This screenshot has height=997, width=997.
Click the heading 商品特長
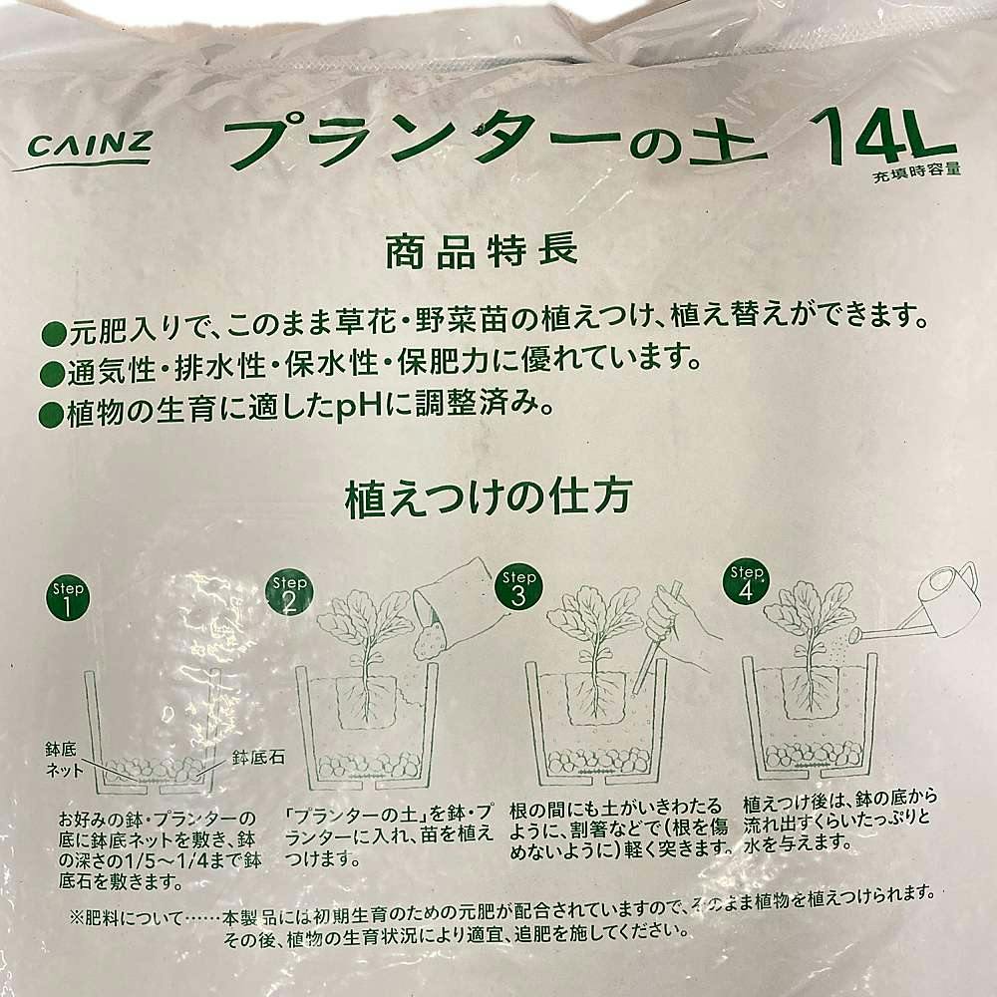[482, 250]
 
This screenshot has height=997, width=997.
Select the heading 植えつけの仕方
[488, 498]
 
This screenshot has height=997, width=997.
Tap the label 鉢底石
[258, 758]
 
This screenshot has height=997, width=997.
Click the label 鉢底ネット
[64, 760]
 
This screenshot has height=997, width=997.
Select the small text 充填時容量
[916, 172]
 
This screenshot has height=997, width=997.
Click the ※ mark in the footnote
[77, 919]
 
